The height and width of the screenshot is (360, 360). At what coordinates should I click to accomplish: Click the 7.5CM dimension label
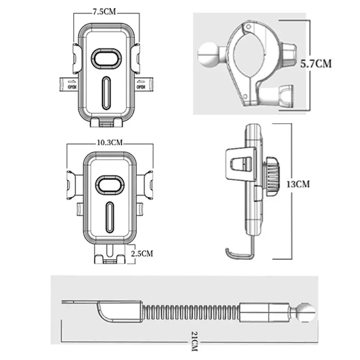point(104,12)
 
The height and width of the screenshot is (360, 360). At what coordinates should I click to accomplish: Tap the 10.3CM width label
point(110,143)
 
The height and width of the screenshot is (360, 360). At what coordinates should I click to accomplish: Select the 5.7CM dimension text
point(316,63)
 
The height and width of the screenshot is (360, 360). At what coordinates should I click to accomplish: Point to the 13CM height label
point(298,184)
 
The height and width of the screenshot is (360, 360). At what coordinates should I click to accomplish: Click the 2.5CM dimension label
point(142,253)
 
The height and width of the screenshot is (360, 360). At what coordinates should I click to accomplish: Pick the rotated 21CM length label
point(194,341)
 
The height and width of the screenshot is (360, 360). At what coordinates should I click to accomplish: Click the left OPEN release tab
point(69,85)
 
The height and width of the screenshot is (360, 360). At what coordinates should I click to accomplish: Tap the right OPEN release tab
point(144,85)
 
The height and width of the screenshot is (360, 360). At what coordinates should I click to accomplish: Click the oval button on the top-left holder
point(106,58)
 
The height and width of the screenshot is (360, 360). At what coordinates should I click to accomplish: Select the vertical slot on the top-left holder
point(106,93)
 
